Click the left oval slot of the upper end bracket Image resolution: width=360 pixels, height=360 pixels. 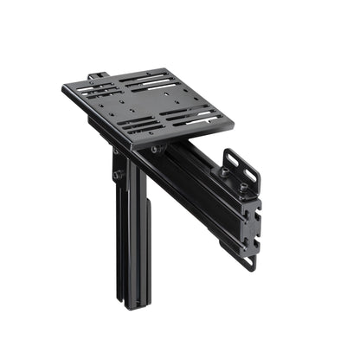point(233,162)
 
